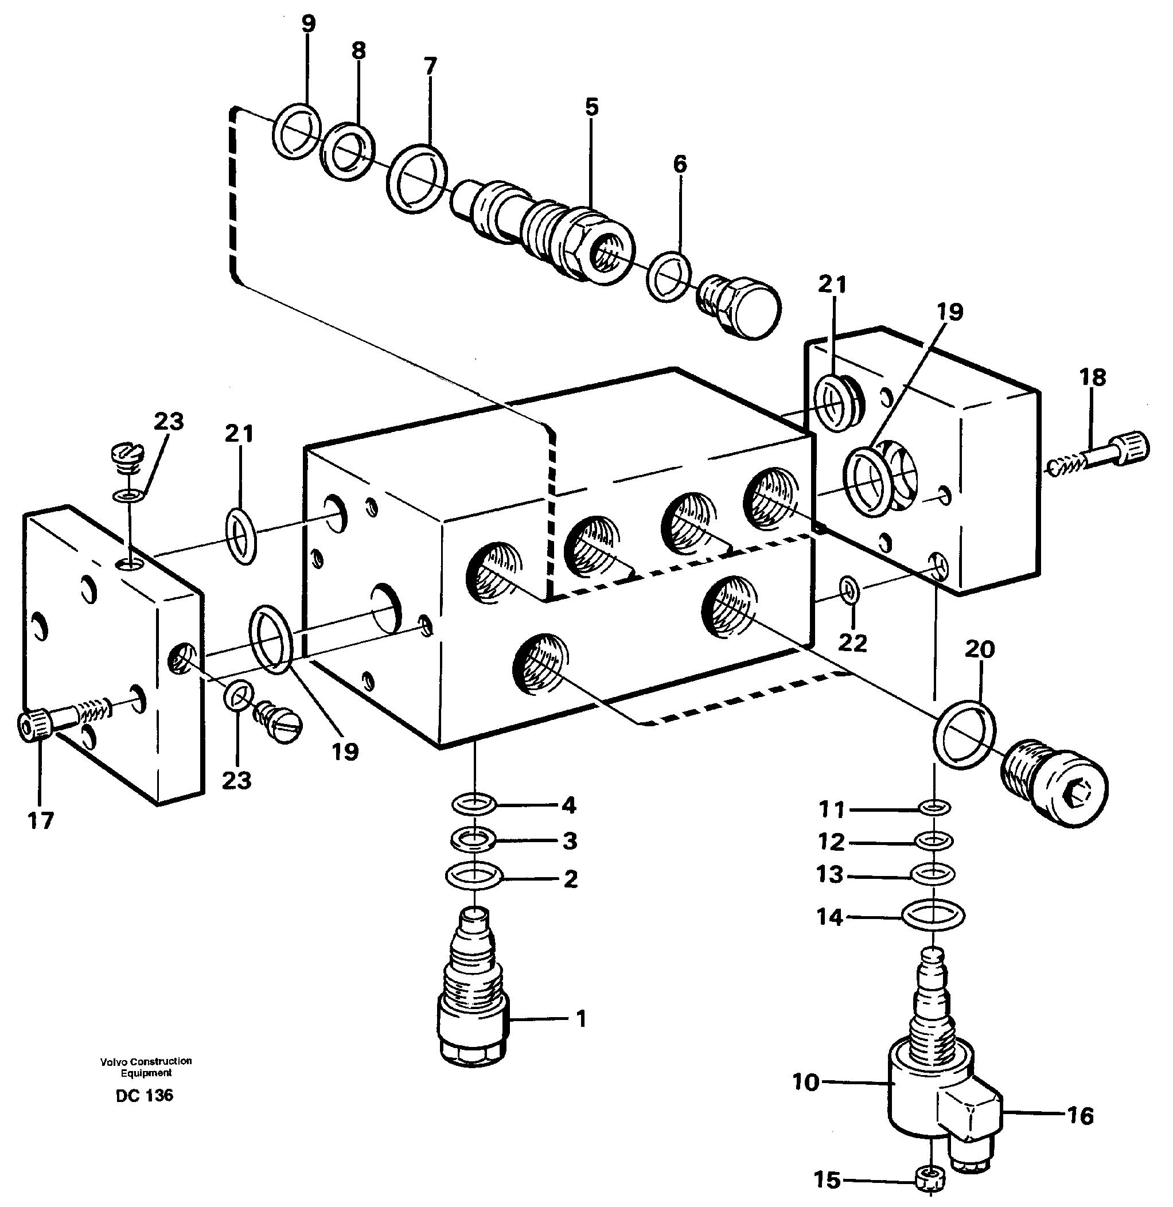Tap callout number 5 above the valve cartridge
point(591,107)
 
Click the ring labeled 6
point(668,277)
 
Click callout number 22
point(852,643)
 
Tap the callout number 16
point(1080,1116)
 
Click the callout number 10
point(806,1082)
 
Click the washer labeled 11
point(934,807)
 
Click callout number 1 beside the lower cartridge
point(581,1019)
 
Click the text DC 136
point(145,1096)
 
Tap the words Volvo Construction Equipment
point(146,1066)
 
